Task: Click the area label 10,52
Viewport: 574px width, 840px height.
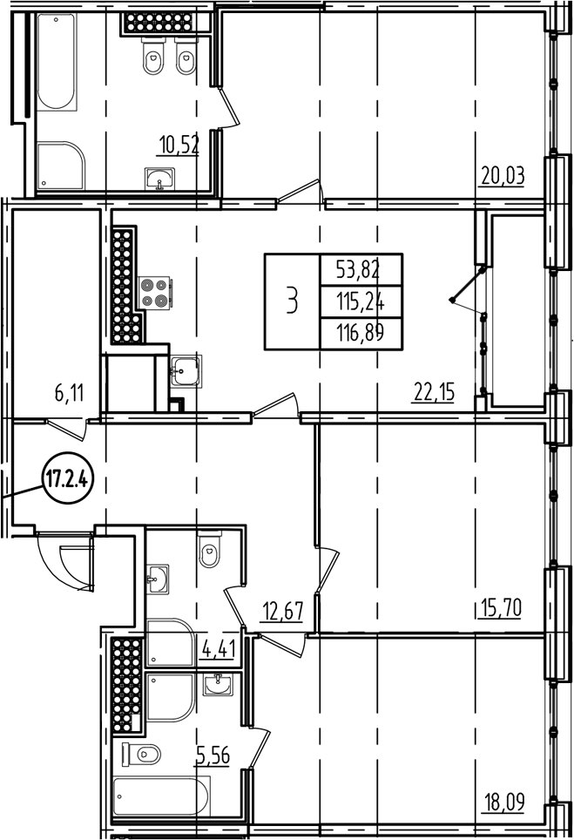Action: [x=179, y=144]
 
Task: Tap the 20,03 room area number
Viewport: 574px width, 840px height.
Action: [x=503, y=176]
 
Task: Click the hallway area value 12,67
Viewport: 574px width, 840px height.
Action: [x=281, y=610]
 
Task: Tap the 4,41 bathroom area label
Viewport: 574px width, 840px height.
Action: [x=217, y=649]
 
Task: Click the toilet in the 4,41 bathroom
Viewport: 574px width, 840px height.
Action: [x=209, y=552]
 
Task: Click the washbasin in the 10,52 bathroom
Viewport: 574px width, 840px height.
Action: [x=159, y=180]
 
